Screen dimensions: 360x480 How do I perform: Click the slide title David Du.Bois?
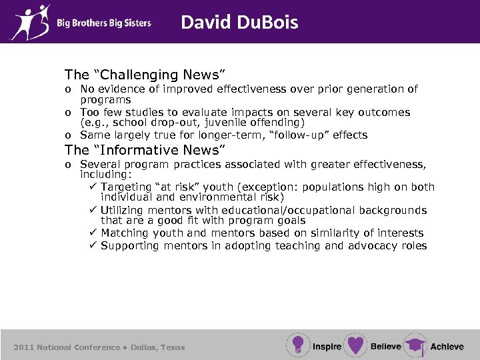(239, 23)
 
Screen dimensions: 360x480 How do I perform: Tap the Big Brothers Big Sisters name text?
(103, 23)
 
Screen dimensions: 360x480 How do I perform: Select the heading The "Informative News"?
(145, 150)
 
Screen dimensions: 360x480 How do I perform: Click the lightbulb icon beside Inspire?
(298, 345)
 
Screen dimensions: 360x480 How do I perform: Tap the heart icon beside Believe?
(355, 345)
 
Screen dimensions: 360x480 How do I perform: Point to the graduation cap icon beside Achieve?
(415, 345)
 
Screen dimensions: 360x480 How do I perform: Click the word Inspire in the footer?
(327, 347)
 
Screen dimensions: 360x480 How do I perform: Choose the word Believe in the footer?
(385, 347)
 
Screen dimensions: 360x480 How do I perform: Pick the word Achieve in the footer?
(447, 347)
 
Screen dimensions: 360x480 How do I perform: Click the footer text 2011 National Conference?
(67, 347)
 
